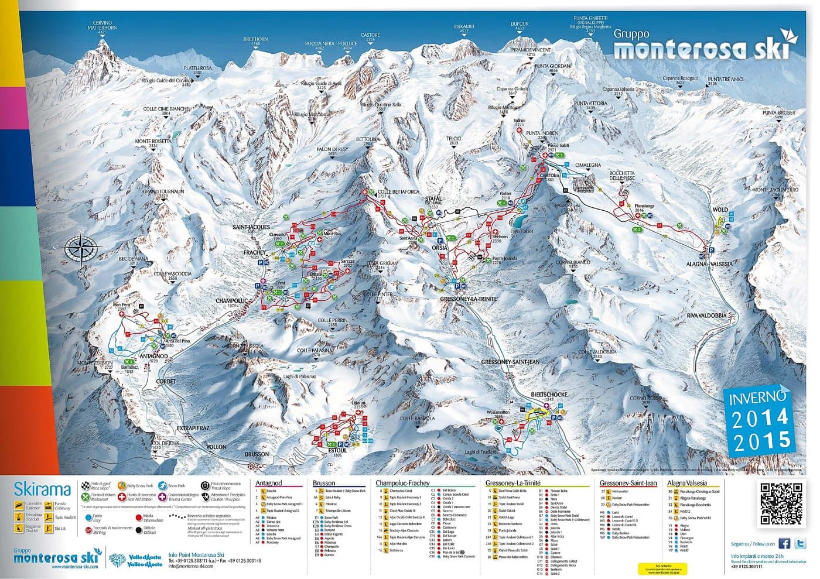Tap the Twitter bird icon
(801, 543)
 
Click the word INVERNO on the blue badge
(757, 398)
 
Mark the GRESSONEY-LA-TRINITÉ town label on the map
(468, 299)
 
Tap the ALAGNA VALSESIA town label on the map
(710, 264)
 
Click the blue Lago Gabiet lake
(519, 221)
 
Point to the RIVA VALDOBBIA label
(706, 316)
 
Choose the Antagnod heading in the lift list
(269, 483)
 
